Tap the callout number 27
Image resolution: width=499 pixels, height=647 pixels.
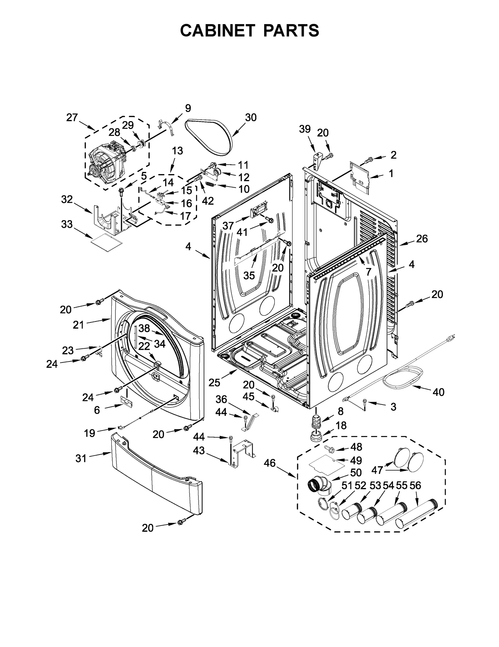[x=72, y=118]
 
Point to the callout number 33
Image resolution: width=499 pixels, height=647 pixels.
[x=67, y=224]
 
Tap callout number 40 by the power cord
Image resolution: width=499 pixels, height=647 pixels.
[x=438, y=392]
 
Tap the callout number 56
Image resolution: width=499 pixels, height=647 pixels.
[x=415, y=485]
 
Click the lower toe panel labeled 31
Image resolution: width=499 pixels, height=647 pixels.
[x=156, y=475]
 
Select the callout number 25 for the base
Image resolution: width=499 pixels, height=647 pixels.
[x=215, y=382]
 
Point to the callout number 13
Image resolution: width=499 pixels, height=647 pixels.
[x=177, y=151]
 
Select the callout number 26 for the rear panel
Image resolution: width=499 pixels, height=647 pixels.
[x=422, y=239]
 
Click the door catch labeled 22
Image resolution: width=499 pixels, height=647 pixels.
[x=157, y=364]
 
